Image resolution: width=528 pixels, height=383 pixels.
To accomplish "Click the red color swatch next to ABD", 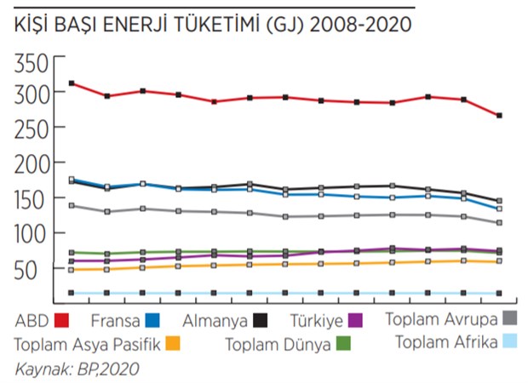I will (60, 322).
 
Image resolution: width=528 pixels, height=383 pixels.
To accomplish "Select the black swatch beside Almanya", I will (258, 322).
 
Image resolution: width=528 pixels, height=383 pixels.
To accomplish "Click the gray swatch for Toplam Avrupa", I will (509, 318).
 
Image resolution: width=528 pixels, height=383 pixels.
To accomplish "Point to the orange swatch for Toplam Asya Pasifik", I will (172, 344).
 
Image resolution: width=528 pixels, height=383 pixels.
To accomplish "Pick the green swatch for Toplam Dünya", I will (343, 344).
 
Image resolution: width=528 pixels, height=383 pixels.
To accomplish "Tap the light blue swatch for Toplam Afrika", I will (509, 341).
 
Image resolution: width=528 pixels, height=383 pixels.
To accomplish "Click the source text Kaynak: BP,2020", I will (77, 369).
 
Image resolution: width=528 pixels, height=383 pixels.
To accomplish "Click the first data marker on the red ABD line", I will (72, 83).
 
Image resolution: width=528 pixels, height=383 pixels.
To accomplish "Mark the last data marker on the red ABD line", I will (499, 115).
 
